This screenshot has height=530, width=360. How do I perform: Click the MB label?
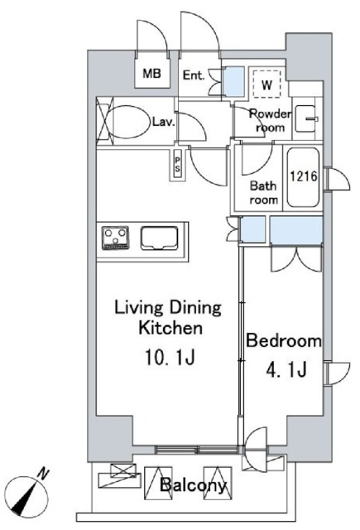[151, 73]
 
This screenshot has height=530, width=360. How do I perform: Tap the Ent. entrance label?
[194, 75]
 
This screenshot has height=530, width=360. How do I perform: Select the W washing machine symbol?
[266, 84]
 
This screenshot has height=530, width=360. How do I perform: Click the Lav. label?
[164, 122]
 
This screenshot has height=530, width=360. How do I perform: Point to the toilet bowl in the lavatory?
[128, 122]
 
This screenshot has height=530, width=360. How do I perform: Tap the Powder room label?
[270, 121]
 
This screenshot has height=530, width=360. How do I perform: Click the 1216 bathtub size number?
[304, 176]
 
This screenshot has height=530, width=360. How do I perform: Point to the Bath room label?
[264, 192]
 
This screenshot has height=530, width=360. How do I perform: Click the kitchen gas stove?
[116, 238]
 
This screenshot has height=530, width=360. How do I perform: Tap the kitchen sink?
[159, 238]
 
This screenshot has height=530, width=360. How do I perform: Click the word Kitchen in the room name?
[170, 328]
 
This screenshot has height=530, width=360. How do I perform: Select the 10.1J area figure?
[170, 357]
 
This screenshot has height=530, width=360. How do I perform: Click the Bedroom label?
[283, 340]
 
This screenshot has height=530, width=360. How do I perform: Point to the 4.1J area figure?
[286, 369]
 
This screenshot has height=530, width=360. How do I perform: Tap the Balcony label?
[193, 485]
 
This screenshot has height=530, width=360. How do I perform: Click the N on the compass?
[43, 474]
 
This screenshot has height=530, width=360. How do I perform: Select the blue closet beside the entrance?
[234, 81]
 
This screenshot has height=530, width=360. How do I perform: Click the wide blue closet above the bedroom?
[296, 229]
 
